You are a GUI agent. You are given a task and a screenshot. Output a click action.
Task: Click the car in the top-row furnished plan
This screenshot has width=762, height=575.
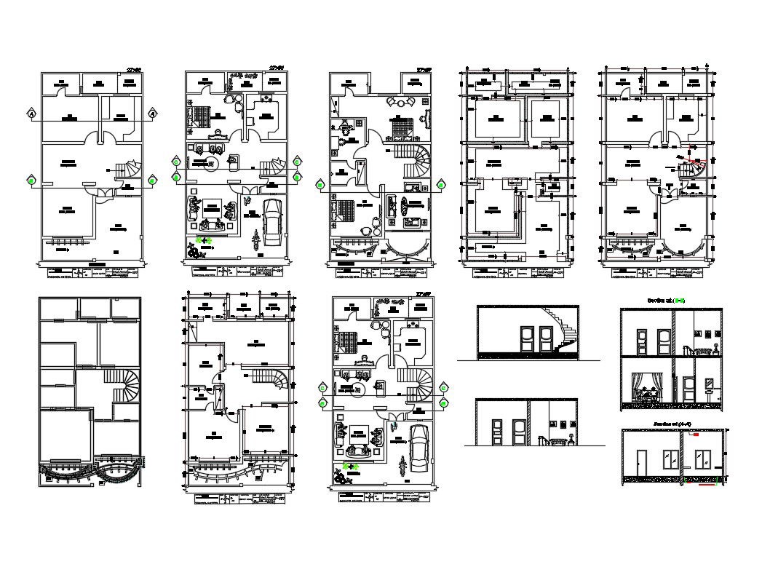point(272,221)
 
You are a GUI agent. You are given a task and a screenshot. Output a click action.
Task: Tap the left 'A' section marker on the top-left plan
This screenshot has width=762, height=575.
point(31,114)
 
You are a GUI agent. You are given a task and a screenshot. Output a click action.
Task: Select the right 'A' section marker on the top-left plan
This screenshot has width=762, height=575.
point(153,114)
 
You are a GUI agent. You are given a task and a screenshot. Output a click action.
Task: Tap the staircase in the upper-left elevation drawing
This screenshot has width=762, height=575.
point(565,331)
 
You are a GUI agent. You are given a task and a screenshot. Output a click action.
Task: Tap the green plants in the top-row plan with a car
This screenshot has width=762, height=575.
point(203,240)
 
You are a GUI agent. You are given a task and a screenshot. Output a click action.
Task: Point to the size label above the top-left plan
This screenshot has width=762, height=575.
point(132,69)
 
